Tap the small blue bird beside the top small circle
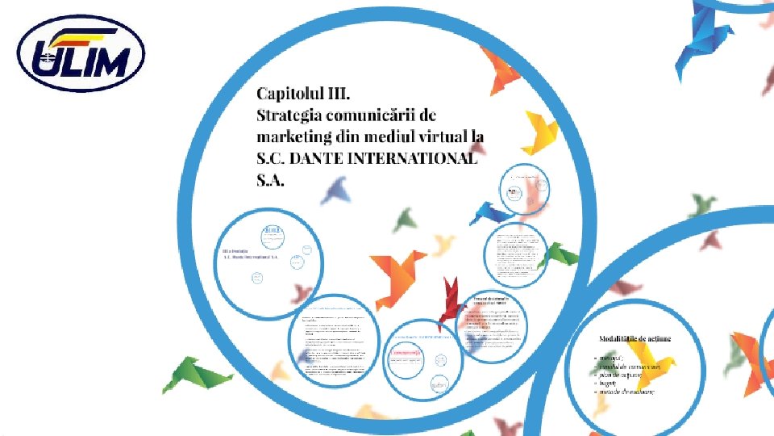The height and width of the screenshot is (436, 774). point(490,212)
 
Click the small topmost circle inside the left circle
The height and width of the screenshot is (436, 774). point(271,235)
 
